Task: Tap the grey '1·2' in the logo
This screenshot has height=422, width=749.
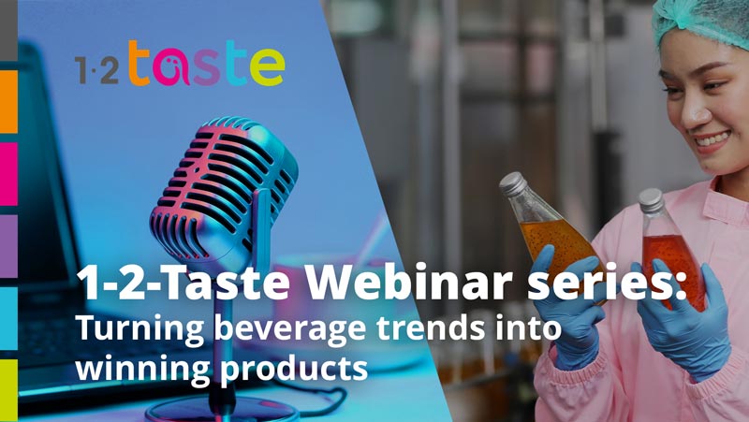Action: tap(97, 71)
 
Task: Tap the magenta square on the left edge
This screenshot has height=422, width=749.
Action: tap(8, 173)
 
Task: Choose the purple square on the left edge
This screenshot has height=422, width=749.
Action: tap(8, 246)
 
